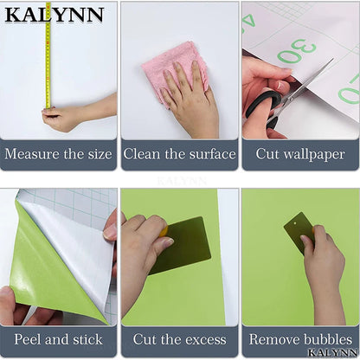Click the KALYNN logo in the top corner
pyautogui.click(x=53, y=15)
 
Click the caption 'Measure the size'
pyautogui.click(x=58, y=154)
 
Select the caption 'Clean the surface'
pyautogui.click(x=179, y=154)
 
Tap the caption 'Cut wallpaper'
pyautogui.click(x=300, y=154)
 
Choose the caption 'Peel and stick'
pyautogui.click(x=58, y=339)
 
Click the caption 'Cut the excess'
pyautogui.click(x=179, y=339)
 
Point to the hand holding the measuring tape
pyautogui.click(x=64, y=118)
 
